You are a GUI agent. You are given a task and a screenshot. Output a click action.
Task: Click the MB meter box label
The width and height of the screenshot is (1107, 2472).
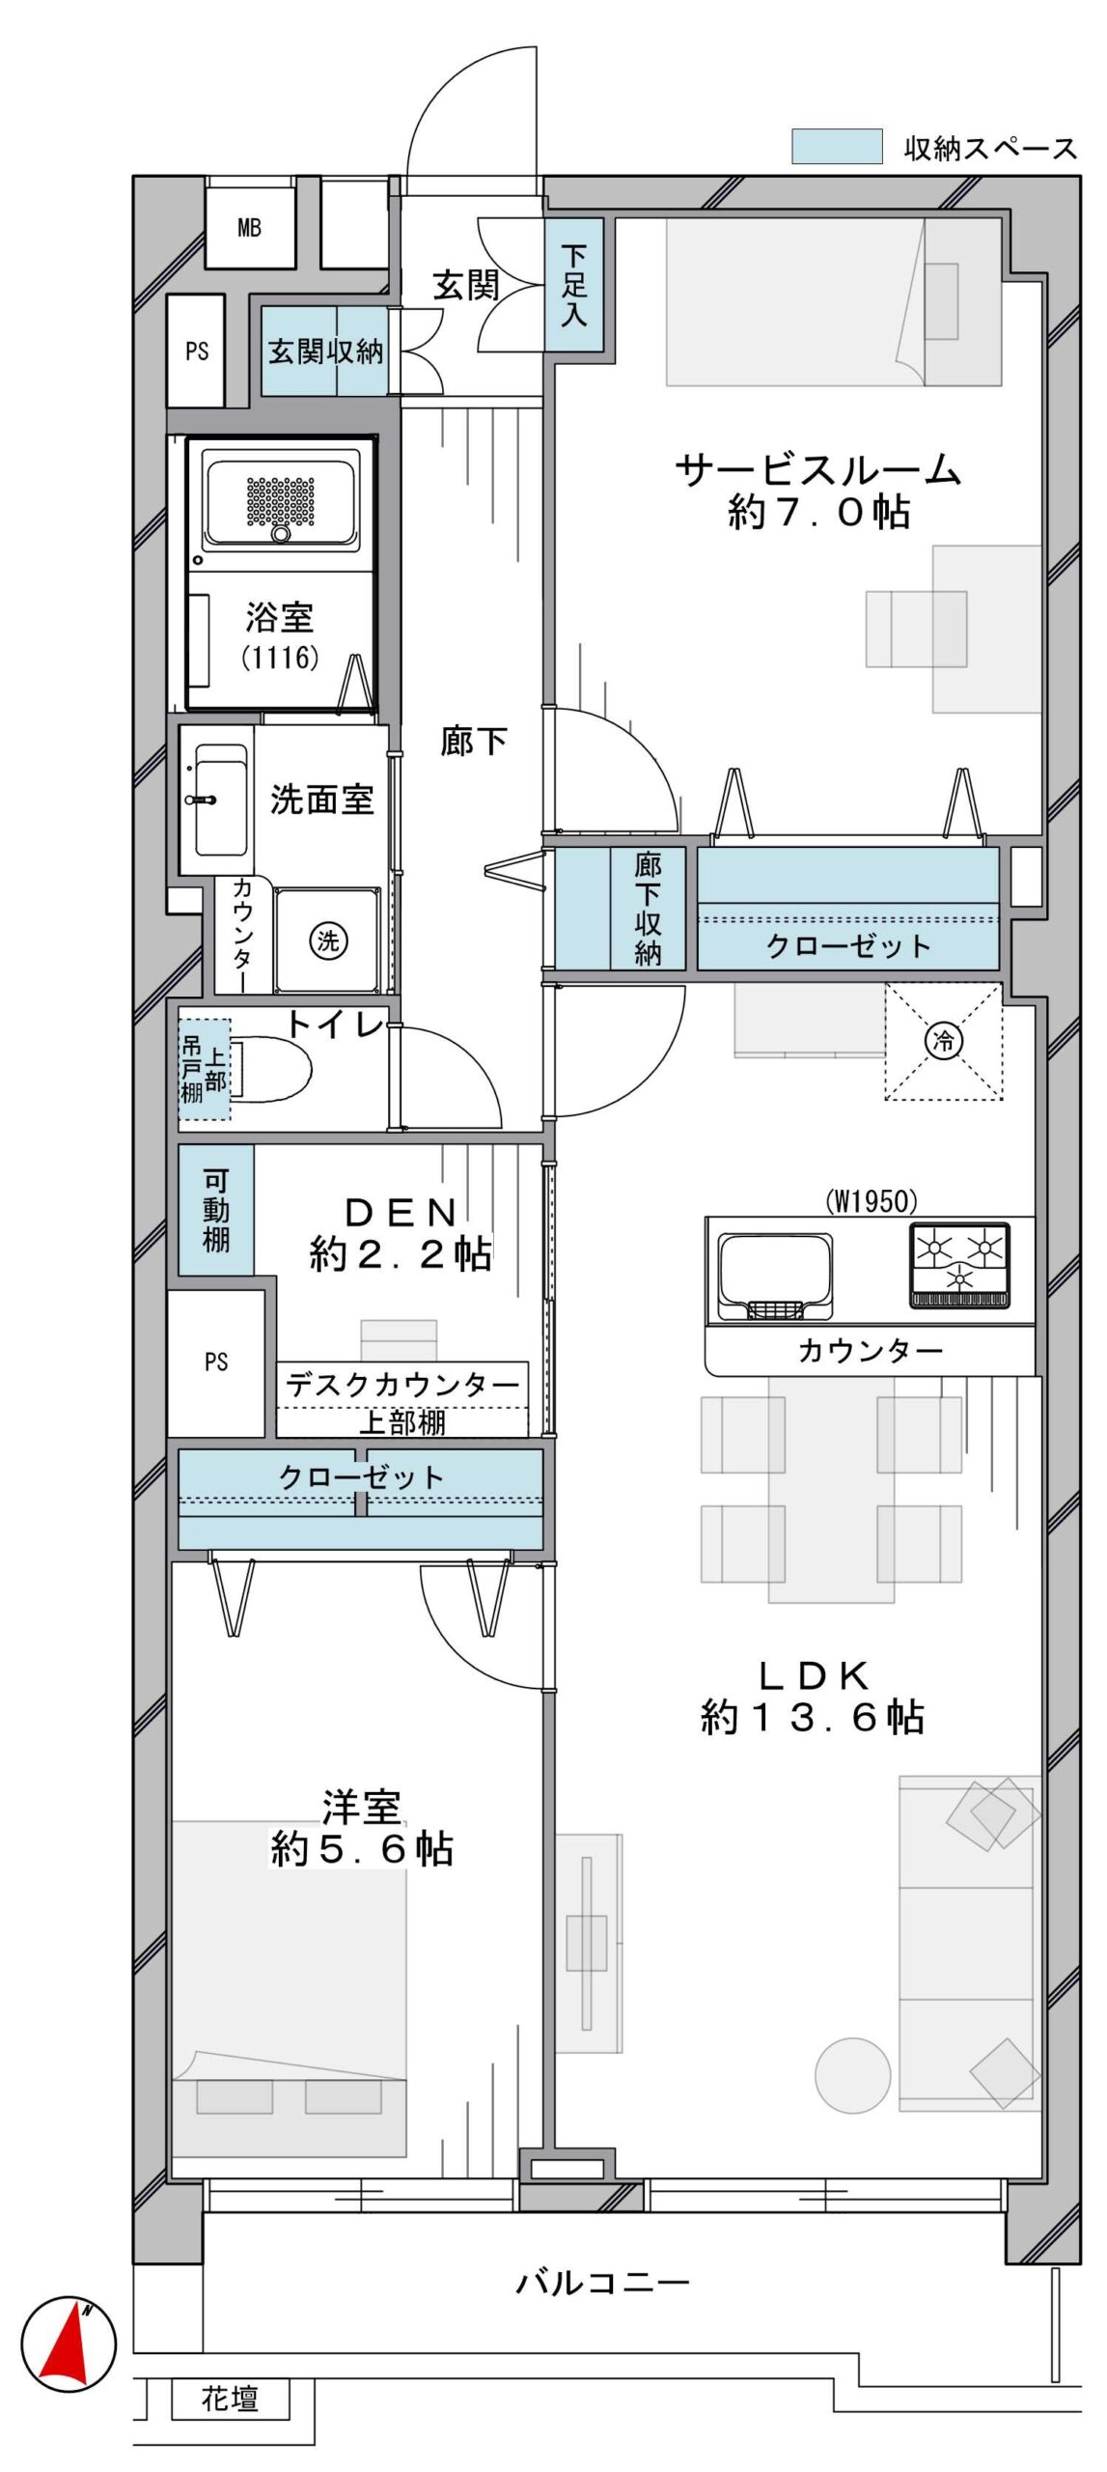[x=249, y=228]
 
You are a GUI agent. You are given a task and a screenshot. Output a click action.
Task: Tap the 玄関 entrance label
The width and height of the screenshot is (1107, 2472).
[x=465, y=286]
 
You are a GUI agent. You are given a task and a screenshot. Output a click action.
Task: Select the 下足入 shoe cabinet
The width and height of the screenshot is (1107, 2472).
[x=574, y=285]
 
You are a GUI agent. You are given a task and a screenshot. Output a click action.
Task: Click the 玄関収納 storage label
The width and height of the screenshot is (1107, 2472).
[x=325, y=351]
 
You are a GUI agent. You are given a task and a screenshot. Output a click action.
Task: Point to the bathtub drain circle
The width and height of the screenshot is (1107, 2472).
[x=281, y=533]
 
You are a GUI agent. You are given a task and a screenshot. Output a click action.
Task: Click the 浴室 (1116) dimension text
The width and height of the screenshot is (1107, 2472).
[x=280, y=658]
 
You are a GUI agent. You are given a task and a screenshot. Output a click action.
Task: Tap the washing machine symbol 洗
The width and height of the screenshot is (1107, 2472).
[x=328, y=941]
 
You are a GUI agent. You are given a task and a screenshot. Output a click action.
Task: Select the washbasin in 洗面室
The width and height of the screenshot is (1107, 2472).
[x=219, y=801]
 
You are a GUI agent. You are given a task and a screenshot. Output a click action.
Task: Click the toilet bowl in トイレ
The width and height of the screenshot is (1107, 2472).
[x=269, y=1069]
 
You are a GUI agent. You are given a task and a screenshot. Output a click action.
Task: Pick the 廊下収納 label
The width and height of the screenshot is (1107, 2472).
[x=648, y=909]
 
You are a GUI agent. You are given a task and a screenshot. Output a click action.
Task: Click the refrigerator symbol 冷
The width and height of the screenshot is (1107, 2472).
[x=944, y=1041]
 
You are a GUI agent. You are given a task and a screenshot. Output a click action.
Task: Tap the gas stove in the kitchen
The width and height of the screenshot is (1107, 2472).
[x=959, y=1265]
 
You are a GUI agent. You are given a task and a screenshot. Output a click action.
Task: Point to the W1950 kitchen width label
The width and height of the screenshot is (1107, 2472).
[x=872, y=1201]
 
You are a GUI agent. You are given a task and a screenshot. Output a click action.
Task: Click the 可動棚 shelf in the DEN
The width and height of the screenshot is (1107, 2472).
[x=216, y=1210]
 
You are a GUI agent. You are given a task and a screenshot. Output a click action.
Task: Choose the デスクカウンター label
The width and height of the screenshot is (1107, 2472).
[x=402, y=1386]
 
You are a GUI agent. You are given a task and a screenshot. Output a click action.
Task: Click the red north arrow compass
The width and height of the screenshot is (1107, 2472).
[x=69, y=2344]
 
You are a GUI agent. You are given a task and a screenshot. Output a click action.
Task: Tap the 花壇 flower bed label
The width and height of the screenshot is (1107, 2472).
[x=230, y=2399]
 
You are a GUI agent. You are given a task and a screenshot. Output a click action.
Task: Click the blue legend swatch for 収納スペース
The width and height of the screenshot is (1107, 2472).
[x=837, y=147]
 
